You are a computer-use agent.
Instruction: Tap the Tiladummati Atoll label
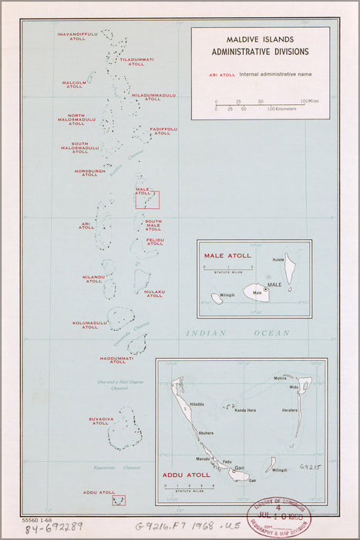click(136, 62)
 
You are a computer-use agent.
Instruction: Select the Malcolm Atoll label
click(74, 84)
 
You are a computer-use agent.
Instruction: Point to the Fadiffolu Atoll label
click(163, 131)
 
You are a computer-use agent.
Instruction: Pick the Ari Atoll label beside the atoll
click(86, 226)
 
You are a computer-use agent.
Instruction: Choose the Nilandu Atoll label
click(94, 278)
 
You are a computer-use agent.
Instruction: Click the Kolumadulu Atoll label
click(90, 325)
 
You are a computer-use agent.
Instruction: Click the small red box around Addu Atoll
click(119, 501)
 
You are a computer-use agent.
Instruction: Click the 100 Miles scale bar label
click(310, 101)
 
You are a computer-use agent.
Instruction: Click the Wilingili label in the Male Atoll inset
click(227, 295)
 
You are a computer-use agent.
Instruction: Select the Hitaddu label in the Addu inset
click(197, 404)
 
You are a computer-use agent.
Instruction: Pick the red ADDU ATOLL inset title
click(186, 475)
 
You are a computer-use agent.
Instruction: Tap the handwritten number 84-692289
click(54, 528)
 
